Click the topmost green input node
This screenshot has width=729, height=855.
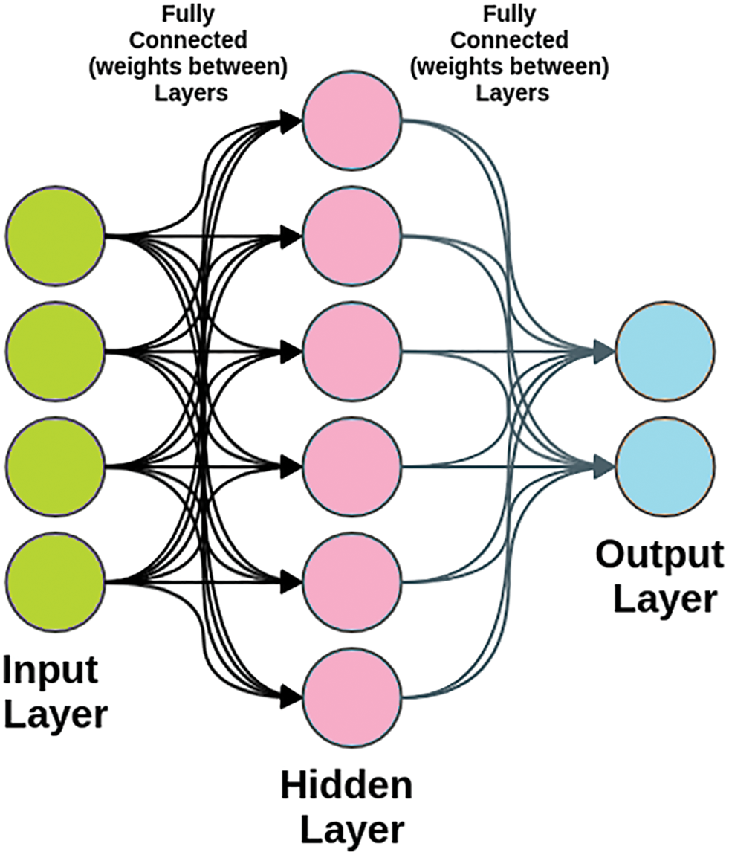(x=55, y=236)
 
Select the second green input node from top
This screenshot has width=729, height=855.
(x=55, y=350)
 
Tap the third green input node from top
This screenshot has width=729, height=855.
(x=55, y=466)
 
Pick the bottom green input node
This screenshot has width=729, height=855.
(x=55, y=581)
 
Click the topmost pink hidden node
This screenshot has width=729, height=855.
(x=353, y=121)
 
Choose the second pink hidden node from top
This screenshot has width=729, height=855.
(x=353, y=236)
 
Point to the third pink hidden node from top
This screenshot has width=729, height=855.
(x=353, y=351)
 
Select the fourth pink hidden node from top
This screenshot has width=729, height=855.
(x=353, y=466)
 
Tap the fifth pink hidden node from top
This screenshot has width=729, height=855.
(x=353, y=581)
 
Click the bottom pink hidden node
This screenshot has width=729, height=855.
(x=353, y=697)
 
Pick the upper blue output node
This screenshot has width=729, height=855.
(x=665, y=350)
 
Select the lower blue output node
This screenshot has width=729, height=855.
(x=665, y=466)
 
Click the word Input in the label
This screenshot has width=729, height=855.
(x=51, y=670)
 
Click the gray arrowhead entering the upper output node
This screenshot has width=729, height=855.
(x=604, y=351)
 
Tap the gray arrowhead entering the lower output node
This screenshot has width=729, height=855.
(x=604, y=466)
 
